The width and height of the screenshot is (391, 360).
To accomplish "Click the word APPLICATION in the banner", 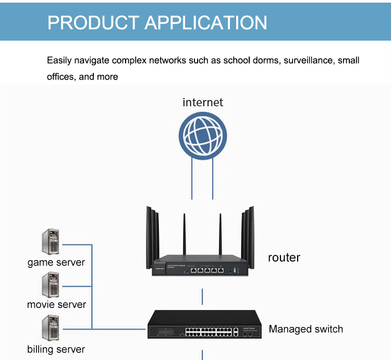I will (205, 22).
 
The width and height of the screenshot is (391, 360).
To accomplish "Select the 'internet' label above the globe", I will (202, 102).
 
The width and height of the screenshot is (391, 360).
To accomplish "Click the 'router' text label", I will (284, 257).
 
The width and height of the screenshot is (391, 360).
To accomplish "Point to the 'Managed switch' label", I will (306, 329).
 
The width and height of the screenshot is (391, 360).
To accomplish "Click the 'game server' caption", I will (56, 263).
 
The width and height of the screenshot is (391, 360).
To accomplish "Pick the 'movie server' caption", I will (56, 304).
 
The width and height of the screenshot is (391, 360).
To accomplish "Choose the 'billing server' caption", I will (56, 349).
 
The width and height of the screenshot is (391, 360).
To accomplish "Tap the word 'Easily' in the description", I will (58, 60).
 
